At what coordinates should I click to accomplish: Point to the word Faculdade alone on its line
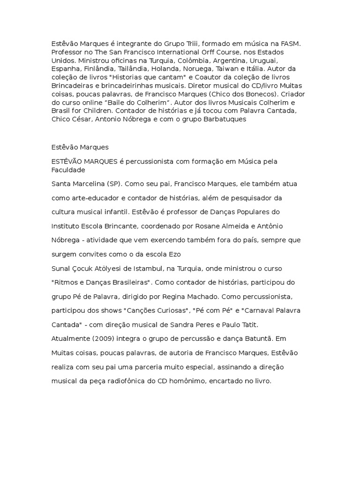point(68,170)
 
